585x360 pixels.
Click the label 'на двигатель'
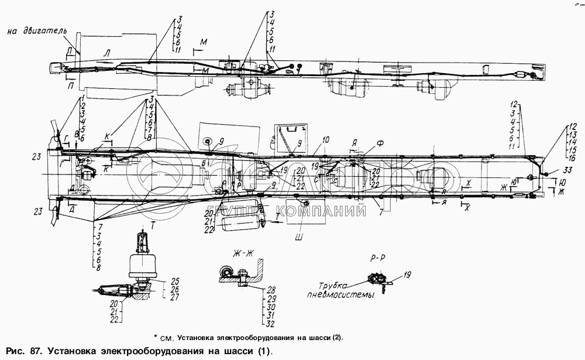39,30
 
